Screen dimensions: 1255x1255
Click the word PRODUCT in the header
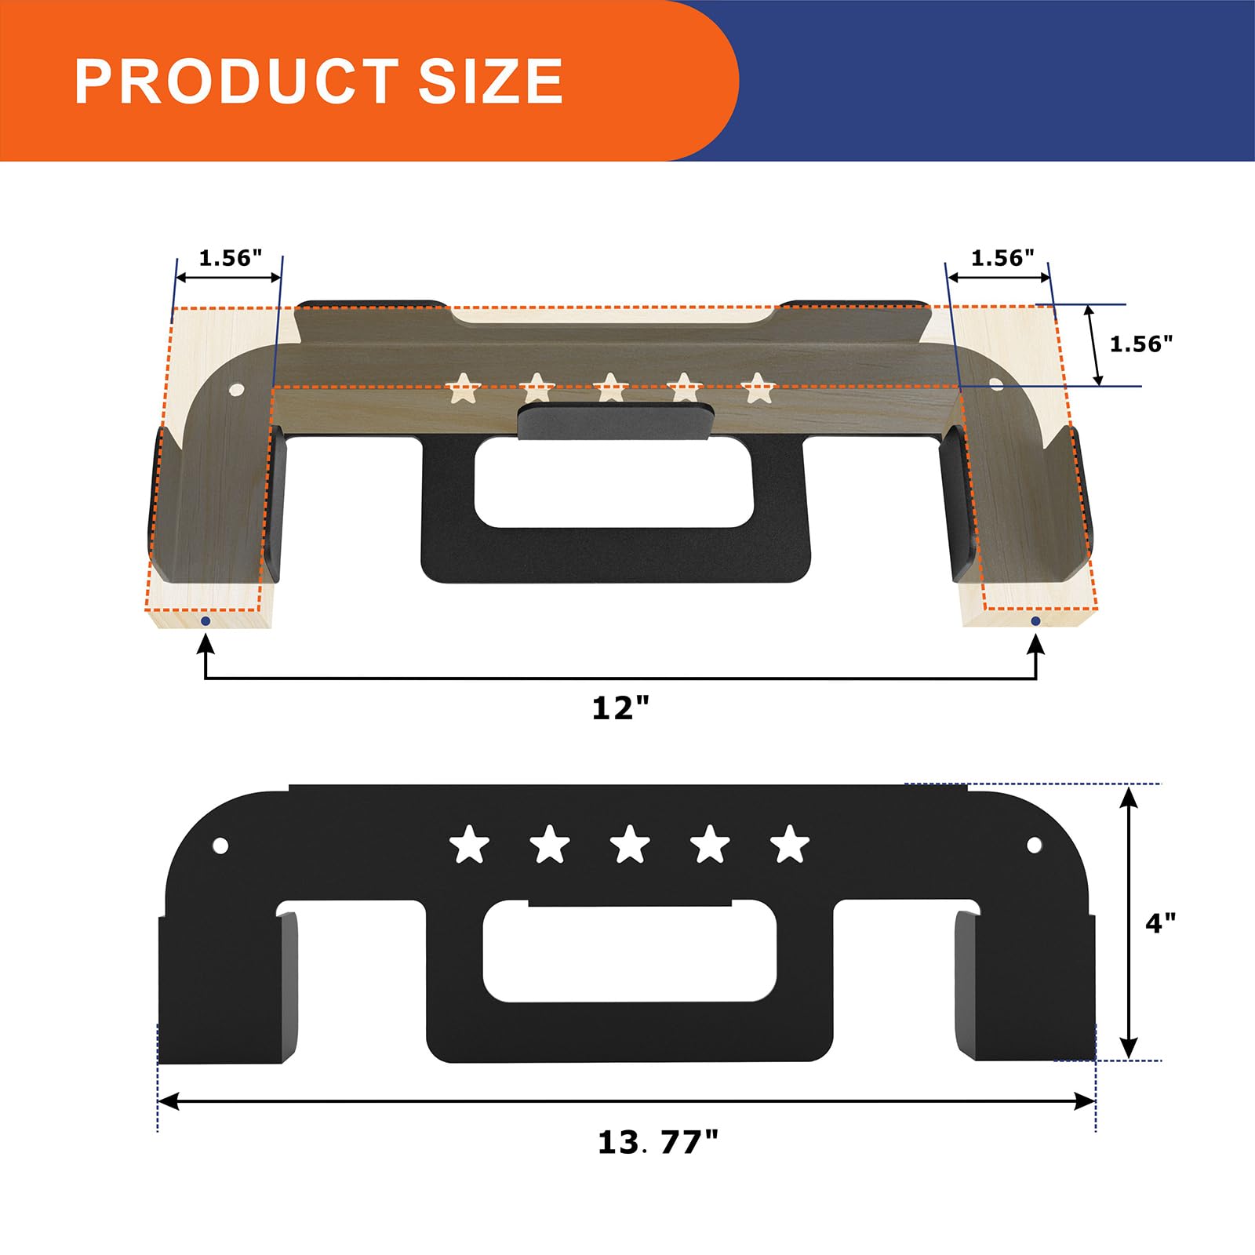tap(236, 81)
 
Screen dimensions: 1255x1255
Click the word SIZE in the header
tap(491, 81)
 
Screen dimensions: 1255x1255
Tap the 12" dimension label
tap(621, 708)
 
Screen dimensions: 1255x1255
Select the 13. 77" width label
tap(658, 1142)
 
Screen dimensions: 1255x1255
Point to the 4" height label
tap(1160, 923)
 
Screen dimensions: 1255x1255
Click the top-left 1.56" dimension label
tap(230, 258)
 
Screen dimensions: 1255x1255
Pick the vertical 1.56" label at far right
tap(1141, 344)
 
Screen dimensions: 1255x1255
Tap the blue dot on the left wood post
tap(206, 621)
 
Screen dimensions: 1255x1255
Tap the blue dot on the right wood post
tap(1035, 621)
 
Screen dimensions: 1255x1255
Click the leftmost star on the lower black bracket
tap(469, 845)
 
